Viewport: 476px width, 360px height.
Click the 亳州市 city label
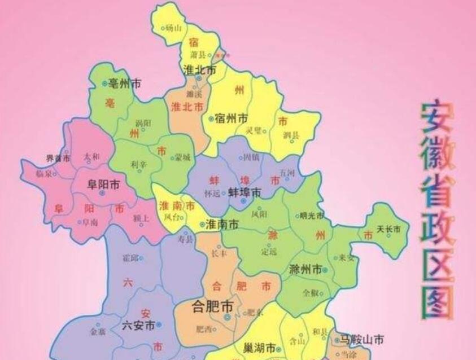125,84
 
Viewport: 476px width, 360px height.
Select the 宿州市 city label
232,118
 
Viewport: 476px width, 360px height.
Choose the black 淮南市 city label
222,224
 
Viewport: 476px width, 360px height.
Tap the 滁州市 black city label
305,269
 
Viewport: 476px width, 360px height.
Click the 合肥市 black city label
213,306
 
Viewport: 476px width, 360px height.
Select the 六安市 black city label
138,326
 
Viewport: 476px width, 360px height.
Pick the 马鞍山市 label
361,340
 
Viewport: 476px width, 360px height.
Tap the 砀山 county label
173,27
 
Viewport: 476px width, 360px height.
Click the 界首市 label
58,159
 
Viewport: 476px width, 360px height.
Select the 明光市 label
313,216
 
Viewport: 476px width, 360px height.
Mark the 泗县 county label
292,135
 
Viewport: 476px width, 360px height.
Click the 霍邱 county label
129,258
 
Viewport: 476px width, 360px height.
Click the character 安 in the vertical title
437,120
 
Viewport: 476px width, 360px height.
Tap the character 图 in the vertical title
438,302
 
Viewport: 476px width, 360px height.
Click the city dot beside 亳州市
104,84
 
